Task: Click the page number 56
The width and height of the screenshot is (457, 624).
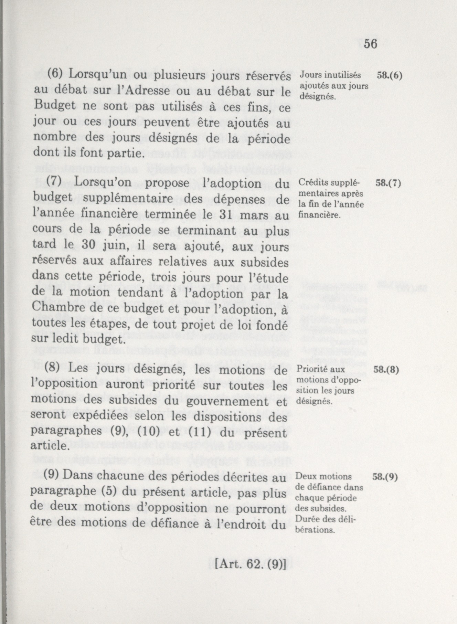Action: pos(370,44)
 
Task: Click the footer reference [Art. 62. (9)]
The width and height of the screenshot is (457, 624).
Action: pos(251,565)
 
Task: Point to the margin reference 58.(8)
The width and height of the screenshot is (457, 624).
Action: pos(386,370)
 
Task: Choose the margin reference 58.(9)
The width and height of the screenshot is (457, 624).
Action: pos(385,477)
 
